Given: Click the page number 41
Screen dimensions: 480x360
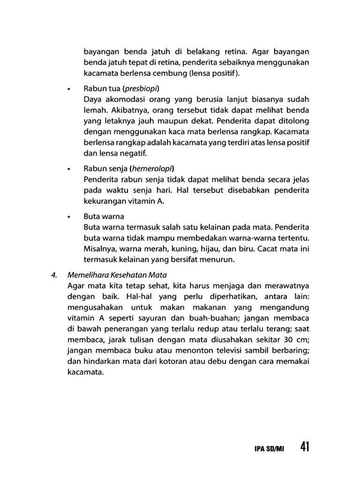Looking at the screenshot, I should pyautogui.click(x=304, y=447).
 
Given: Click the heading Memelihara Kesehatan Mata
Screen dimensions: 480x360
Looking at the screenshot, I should pyautogui.click(x=118, y=275).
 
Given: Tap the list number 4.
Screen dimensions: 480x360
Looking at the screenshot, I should pyautogui.click(x=54, y=275).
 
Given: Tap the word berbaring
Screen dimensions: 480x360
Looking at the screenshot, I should pyautogui.click(x=291, y=351).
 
